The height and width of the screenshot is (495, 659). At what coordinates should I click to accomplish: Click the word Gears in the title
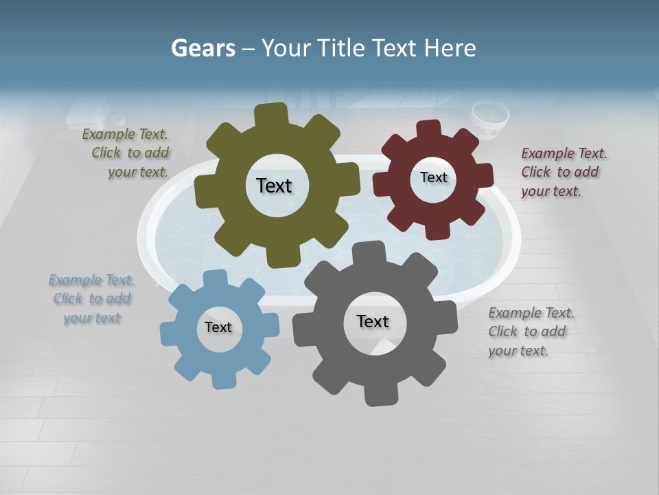point(203,48)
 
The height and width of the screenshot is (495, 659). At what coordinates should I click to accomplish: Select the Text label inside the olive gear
point(274,186)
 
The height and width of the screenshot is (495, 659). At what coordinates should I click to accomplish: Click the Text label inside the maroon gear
point(433,177)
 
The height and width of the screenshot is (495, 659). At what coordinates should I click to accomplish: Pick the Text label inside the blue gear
point(218,327)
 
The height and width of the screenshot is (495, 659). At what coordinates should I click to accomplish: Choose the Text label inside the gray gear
point(373,321)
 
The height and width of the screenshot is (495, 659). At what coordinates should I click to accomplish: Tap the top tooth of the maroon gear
point(429,129)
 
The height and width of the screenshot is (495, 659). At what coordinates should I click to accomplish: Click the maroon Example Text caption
point(563,172)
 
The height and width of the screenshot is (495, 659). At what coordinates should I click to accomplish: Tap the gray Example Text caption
point(530,331)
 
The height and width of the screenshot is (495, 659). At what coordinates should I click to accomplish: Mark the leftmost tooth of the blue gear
point(169,333)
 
